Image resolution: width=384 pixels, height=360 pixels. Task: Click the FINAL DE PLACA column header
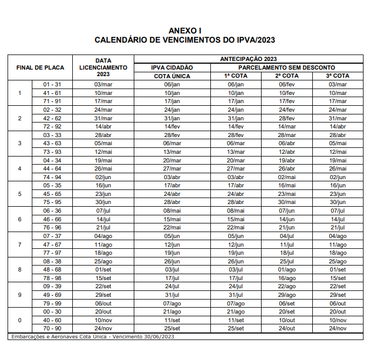[40, 67]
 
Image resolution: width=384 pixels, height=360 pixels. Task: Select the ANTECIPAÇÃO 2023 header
[249, 58]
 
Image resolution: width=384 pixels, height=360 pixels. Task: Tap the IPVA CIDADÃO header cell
[172, 67]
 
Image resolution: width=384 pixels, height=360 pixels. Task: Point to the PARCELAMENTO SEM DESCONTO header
[286, 67]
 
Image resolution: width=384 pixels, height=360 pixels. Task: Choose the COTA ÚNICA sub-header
[172, 76]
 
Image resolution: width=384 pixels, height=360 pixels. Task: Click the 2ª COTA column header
[286, 76]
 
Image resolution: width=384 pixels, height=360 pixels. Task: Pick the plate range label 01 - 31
[52, 84]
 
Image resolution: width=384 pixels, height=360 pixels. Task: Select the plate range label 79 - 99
[52, 303]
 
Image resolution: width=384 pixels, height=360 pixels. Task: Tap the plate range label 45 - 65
[52, 194]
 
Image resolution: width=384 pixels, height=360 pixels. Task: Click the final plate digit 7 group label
[19, 244]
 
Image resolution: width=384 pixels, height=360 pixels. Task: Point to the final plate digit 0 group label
[19, 320]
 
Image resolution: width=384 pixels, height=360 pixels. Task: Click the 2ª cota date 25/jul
[286, 261]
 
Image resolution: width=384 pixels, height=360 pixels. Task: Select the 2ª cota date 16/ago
[286, 278]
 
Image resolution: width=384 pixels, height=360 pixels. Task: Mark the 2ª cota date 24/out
[286, 328]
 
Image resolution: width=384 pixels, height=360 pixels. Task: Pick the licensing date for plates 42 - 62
[103, 118]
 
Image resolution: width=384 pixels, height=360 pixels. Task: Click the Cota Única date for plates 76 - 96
[172, 227]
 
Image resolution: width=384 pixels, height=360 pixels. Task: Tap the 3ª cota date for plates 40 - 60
[337, 320]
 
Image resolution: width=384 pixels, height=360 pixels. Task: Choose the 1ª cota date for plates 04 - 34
[236, 160]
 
